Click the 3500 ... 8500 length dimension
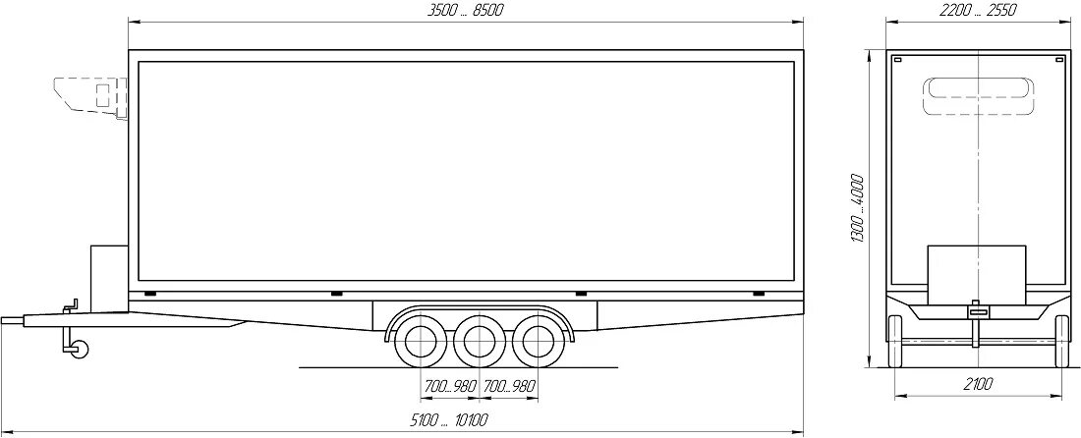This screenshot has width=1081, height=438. pos(466,11)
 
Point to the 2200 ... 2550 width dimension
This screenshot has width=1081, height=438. pos(977,11)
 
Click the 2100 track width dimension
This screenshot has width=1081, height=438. pos(978,384)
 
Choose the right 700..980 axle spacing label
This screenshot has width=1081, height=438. pos(509,386)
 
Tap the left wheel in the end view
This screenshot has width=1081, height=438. pos(896,342)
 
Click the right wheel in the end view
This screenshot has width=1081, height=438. pos(1060,342)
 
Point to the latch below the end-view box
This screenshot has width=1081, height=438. pos(975,311)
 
